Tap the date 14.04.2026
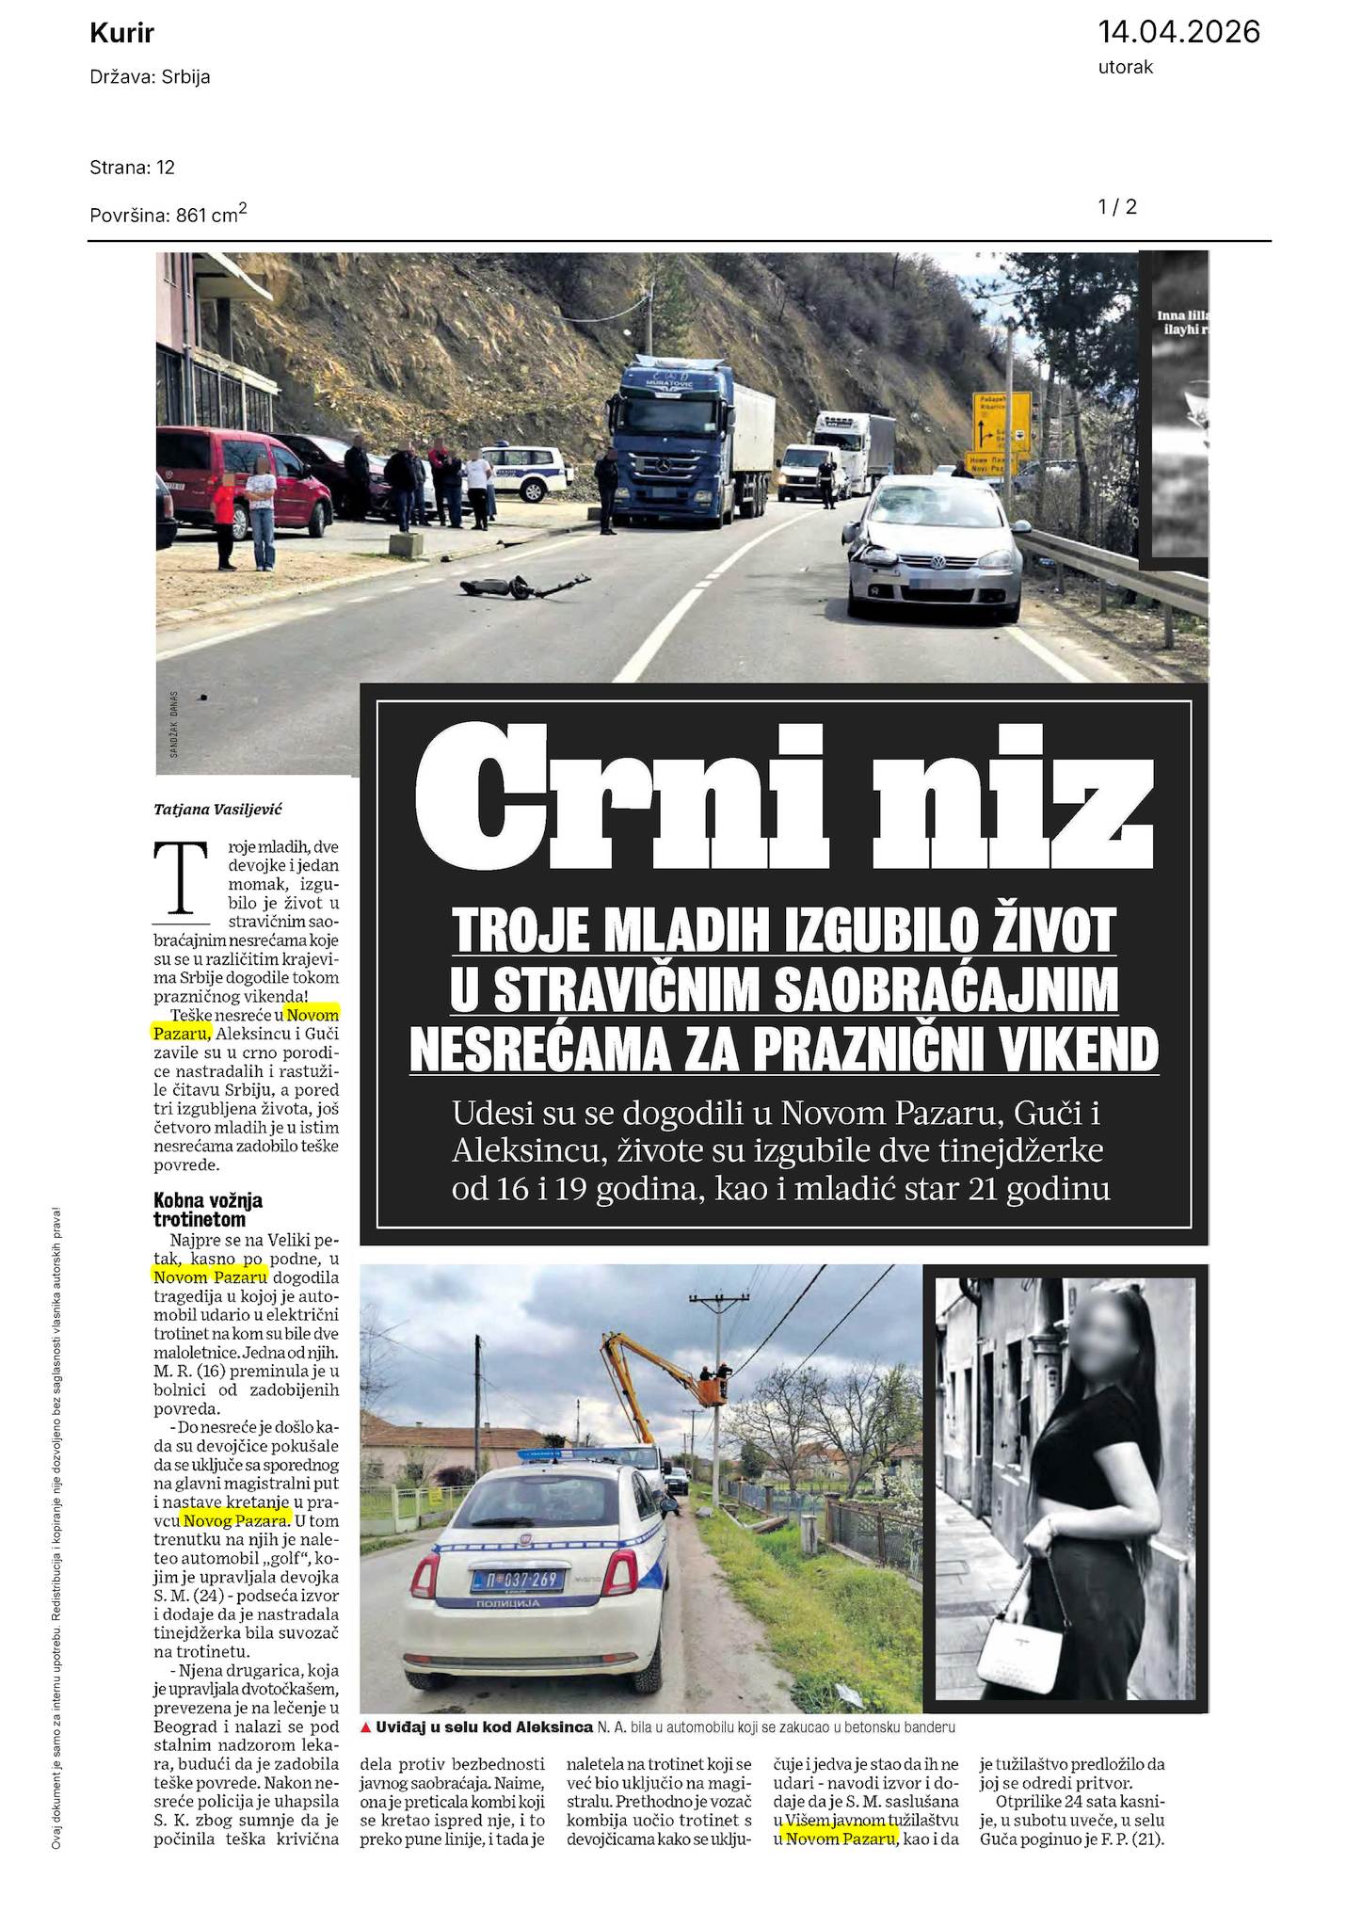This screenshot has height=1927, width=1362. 1178,32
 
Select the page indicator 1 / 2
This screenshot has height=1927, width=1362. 1117,207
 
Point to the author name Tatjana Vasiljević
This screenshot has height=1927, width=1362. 218,809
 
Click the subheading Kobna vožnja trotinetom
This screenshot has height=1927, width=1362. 207,1210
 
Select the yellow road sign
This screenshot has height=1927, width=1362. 1001,423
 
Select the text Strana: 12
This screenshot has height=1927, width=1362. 133,168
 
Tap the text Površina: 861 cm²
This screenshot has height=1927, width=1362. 168,215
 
